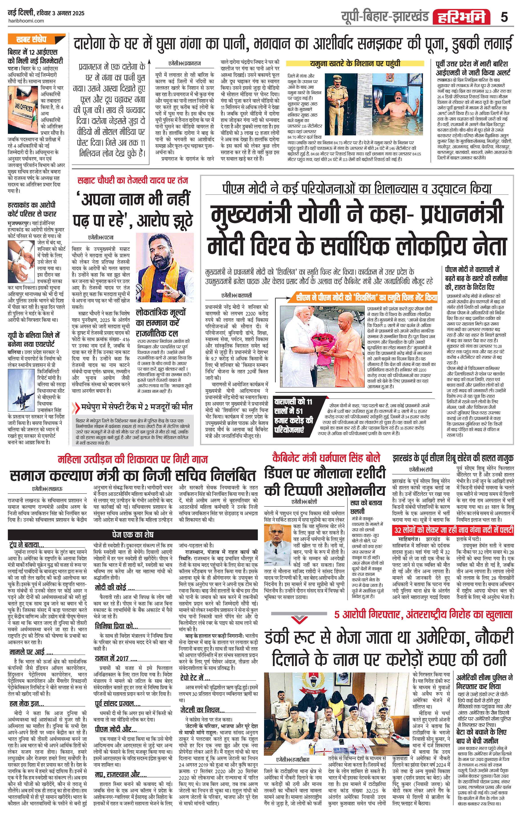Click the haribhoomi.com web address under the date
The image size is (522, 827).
click(26, 21)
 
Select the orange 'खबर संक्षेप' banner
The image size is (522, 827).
click(36, 39)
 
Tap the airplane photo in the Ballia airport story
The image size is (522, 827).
click(21, 390)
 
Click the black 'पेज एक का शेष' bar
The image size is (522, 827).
click(133, 534)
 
